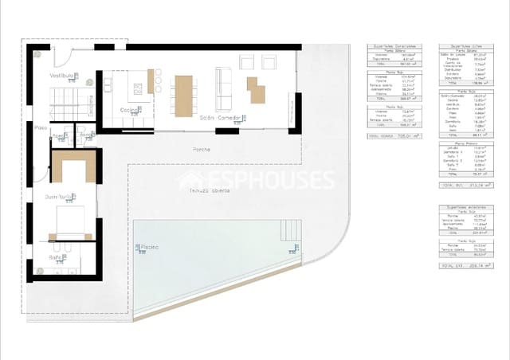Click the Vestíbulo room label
[62, 75]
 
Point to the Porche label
[202, 150]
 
